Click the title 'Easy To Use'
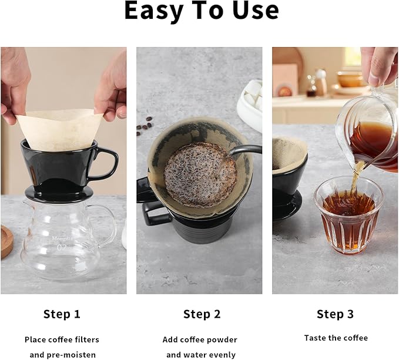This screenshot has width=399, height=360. pos(201,12)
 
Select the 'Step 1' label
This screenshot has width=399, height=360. pos(62,314)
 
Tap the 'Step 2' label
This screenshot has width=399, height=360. pos(202,314)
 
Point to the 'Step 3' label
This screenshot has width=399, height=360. pos(335,314)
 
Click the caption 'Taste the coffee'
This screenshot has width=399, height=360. pos(336,338)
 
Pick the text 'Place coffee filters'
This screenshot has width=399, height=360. pos(62,339)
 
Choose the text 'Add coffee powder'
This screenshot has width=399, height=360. pos(200,339)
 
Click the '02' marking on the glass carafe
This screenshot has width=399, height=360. pos(61,248)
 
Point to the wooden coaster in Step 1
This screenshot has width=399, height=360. pos(6,241)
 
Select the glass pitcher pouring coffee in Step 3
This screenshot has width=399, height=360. pos(367,138)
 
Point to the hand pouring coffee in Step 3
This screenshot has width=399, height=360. pos(378,65)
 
